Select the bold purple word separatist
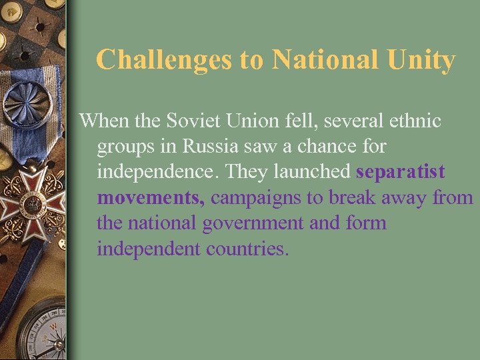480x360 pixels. coord(401,171)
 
